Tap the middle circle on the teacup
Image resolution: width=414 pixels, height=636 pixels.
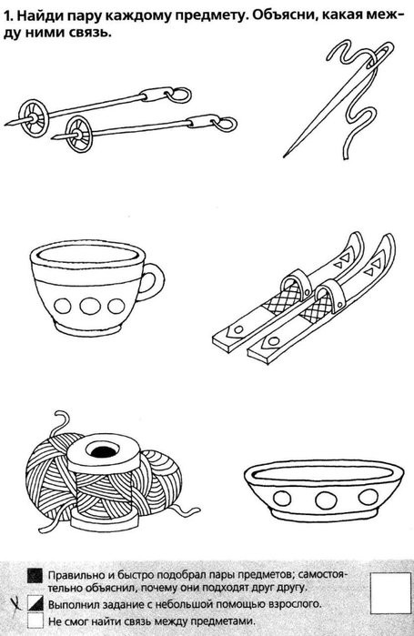pyautogui.click(x=90, y=306)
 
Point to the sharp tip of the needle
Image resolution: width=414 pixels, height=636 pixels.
pyautogui.click(x=285, y=156)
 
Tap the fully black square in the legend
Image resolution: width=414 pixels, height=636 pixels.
pyautogui.click(x=35, y=575)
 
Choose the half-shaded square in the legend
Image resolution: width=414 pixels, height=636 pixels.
pyautogui.click(x=35, y=602)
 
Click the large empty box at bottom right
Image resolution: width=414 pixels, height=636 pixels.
pyautogui.click(x=391, y=593)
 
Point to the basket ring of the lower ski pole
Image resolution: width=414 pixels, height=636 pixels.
pyautogui.click(x=79, y=134)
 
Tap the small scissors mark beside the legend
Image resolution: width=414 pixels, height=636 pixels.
pyautogui.click(x=15, y=604)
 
